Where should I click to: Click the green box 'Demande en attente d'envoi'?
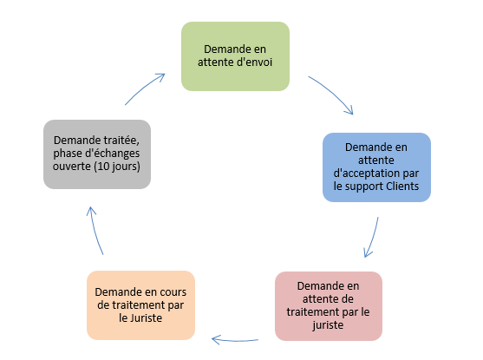(235, 56)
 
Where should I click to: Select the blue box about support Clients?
(376, 167)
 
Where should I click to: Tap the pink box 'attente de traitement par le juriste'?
(329, 306)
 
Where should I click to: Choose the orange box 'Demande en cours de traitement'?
(140, 305)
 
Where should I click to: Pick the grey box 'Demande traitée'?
(97, 154)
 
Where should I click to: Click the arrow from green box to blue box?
(333, 92)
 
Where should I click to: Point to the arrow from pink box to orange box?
(235, 341)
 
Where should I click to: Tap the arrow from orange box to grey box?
(94, 231)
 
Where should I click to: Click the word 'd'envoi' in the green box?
(254, 62)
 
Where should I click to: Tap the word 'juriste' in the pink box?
(328, 325)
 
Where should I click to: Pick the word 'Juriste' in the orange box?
(146, 317)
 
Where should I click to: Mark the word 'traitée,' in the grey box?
(121, 141)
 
